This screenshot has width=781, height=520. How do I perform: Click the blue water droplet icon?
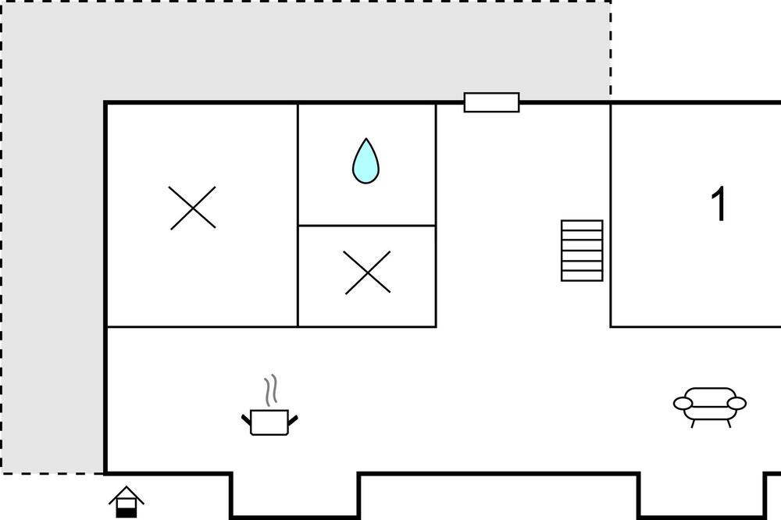click(366, 161)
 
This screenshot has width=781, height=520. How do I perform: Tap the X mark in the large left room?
click(192, 208)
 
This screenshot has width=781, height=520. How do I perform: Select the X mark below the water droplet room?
click(368, 272)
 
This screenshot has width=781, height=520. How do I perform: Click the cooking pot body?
click(269, 422)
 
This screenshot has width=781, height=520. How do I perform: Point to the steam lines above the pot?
click(270, 390)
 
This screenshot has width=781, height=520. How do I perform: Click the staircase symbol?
click(582, 251)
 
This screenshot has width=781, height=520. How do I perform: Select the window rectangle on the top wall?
click(491, 102)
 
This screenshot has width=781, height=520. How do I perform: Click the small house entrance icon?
click(127, 502)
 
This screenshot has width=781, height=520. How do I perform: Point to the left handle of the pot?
click(246, 420)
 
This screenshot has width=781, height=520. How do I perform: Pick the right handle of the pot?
click(293, 420)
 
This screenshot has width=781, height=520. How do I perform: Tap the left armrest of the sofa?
click(683, 403)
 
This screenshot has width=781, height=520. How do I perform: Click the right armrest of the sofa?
click(737, 403)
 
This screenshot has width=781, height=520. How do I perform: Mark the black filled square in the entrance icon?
click(127, 512)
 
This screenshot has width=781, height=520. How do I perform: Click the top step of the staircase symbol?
click(582, 225)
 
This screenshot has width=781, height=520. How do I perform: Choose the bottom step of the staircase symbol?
click(582, 276)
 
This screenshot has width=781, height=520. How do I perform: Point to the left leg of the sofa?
click(694, 423)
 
